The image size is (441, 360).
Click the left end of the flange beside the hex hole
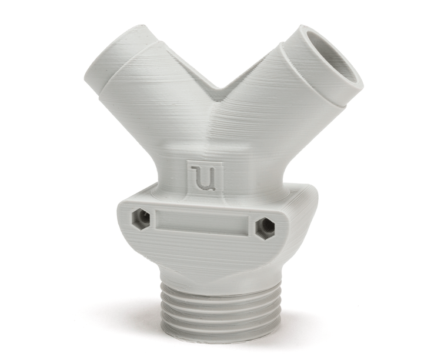tap(125, 219)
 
